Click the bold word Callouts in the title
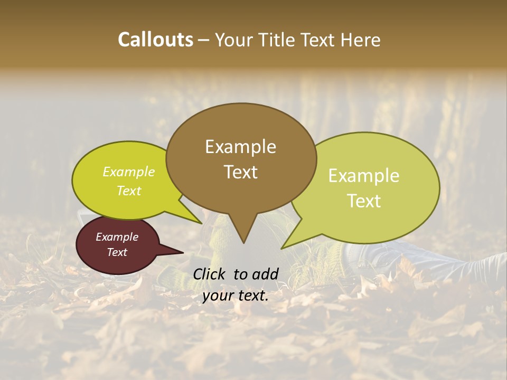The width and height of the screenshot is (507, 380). click(x=155, y=40)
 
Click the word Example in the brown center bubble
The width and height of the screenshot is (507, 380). click(x=240, y=147)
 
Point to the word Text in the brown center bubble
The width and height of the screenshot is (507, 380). click(x=240, y=172)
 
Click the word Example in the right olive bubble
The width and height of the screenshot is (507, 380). click(x=364, y=176)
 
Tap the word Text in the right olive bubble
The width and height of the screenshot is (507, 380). click(x=364, y=201)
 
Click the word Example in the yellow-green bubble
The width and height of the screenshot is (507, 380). click(x=129, y=172)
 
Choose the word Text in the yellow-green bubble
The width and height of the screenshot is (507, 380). click(x=129, y=191)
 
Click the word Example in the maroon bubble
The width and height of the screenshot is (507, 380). click(x=117, y=237)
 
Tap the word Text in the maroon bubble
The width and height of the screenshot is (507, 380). click(x=117, y=252)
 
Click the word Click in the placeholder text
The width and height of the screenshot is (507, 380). click(x=209, y=274)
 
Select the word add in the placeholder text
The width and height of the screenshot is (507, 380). click(x=266, y=274)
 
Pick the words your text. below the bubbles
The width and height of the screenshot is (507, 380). click(x=236, y=296)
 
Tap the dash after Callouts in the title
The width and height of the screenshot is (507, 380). click(x=204, y=40)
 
